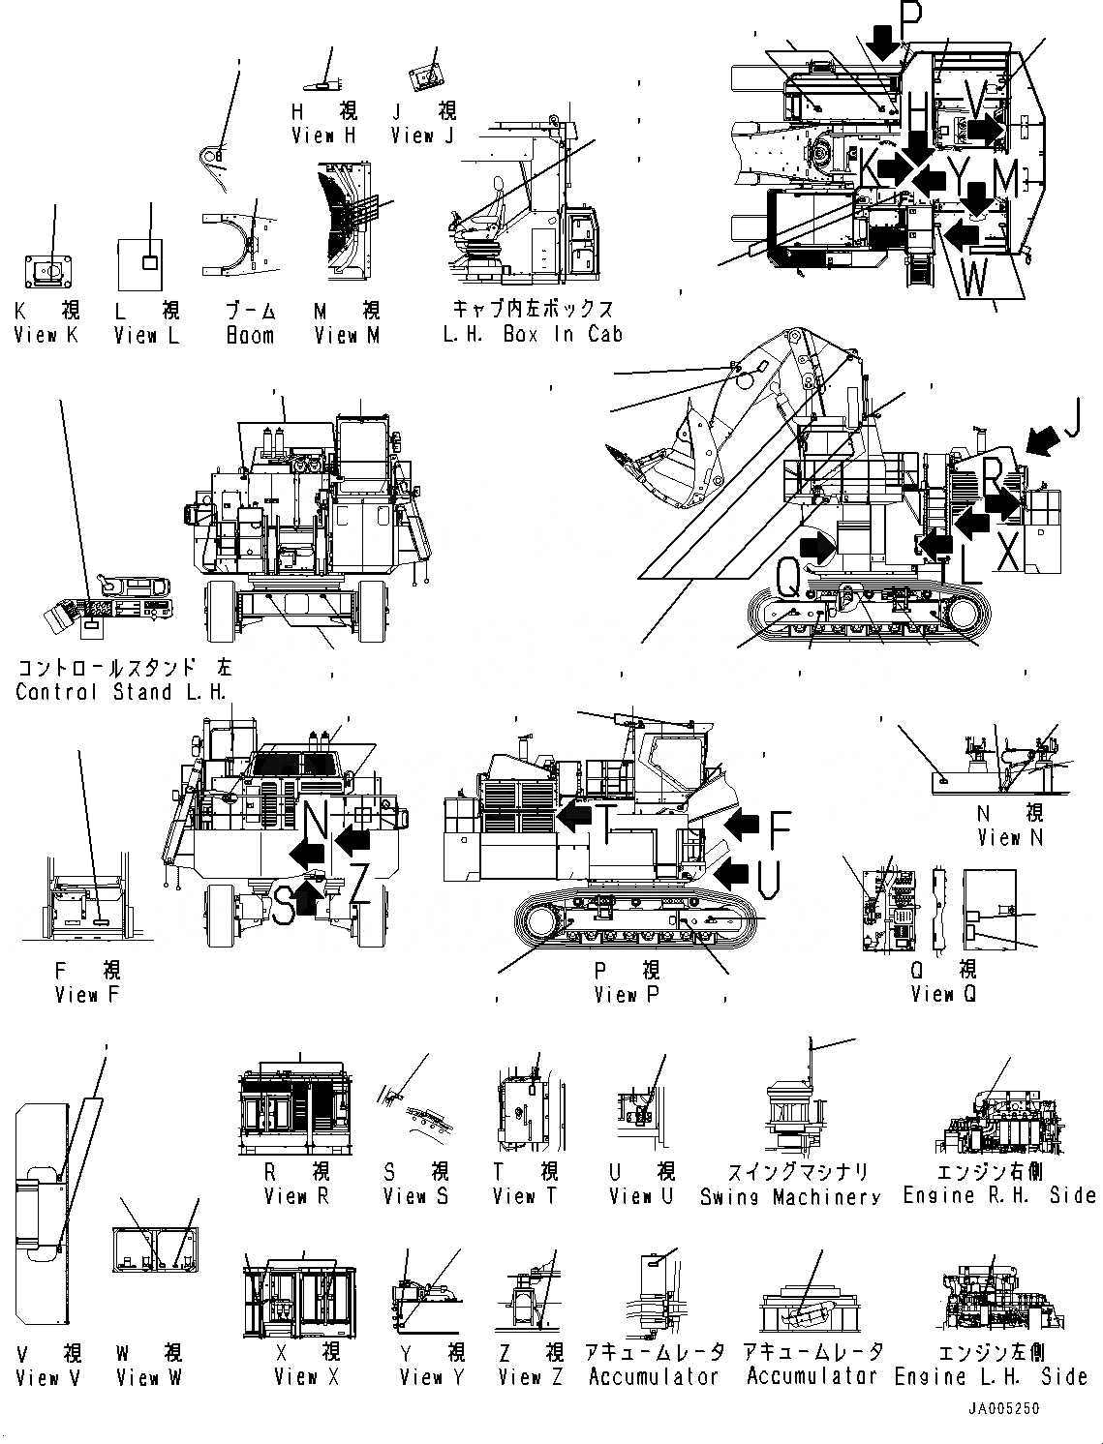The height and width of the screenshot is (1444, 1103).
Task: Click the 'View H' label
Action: coord(323,136)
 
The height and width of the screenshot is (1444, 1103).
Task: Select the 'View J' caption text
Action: coord(422,136)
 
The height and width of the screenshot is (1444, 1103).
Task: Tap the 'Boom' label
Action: coord(250,335)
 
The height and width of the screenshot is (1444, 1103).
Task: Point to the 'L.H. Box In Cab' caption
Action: coord(533,334)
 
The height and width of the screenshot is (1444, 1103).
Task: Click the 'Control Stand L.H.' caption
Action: coord(121,692)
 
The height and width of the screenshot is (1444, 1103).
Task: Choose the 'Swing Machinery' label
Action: coord(790,1197)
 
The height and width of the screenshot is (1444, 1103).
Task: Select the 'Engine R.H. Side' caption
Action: coord(999,1196)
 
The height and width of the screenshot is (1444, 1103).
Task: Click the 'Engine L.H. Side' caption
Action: coord(991,1376)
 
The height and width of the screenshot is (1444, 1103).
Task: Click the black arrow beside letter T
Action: coord(574,817)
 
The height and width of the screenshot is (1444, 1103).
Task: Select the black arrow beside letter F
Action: coord(742,825)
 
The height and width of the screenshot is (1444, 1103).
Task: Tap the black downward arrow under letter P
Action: coord(882,42)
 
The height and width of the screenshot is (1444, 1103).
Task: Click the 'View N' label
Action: coord(1010,838)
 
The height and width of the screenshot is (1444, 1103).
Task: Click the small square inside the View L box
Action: coord(149,262)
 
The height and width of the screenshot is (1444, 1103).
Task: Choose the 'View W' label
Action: coord(148,1377)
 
